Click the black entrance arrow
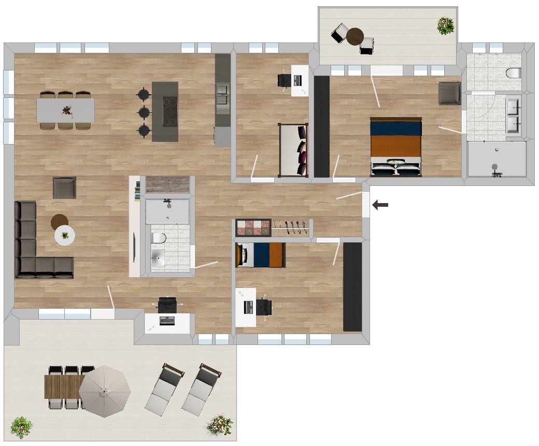[381, 206]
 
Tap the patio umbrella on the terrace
[105, 391]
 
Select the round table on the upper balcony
[355, 36]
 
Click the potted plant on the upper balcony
[445, 25]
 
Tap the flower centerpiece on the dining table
[66, 110]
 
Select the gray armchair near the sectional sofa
[65, 188]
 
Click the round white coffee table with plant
[65, 236]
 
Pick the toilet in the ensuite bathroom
[514, 73]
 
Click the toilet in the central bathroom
[159, 238]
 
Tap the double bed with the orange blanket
[395, 147]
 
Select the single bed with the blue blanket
[260, 255]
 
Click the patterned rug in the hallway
[253, 227]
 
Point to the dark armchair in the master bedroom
[449, 93]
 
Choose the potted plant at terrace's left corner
[21, 426]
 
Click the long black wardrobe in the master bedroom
[322, 126]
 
